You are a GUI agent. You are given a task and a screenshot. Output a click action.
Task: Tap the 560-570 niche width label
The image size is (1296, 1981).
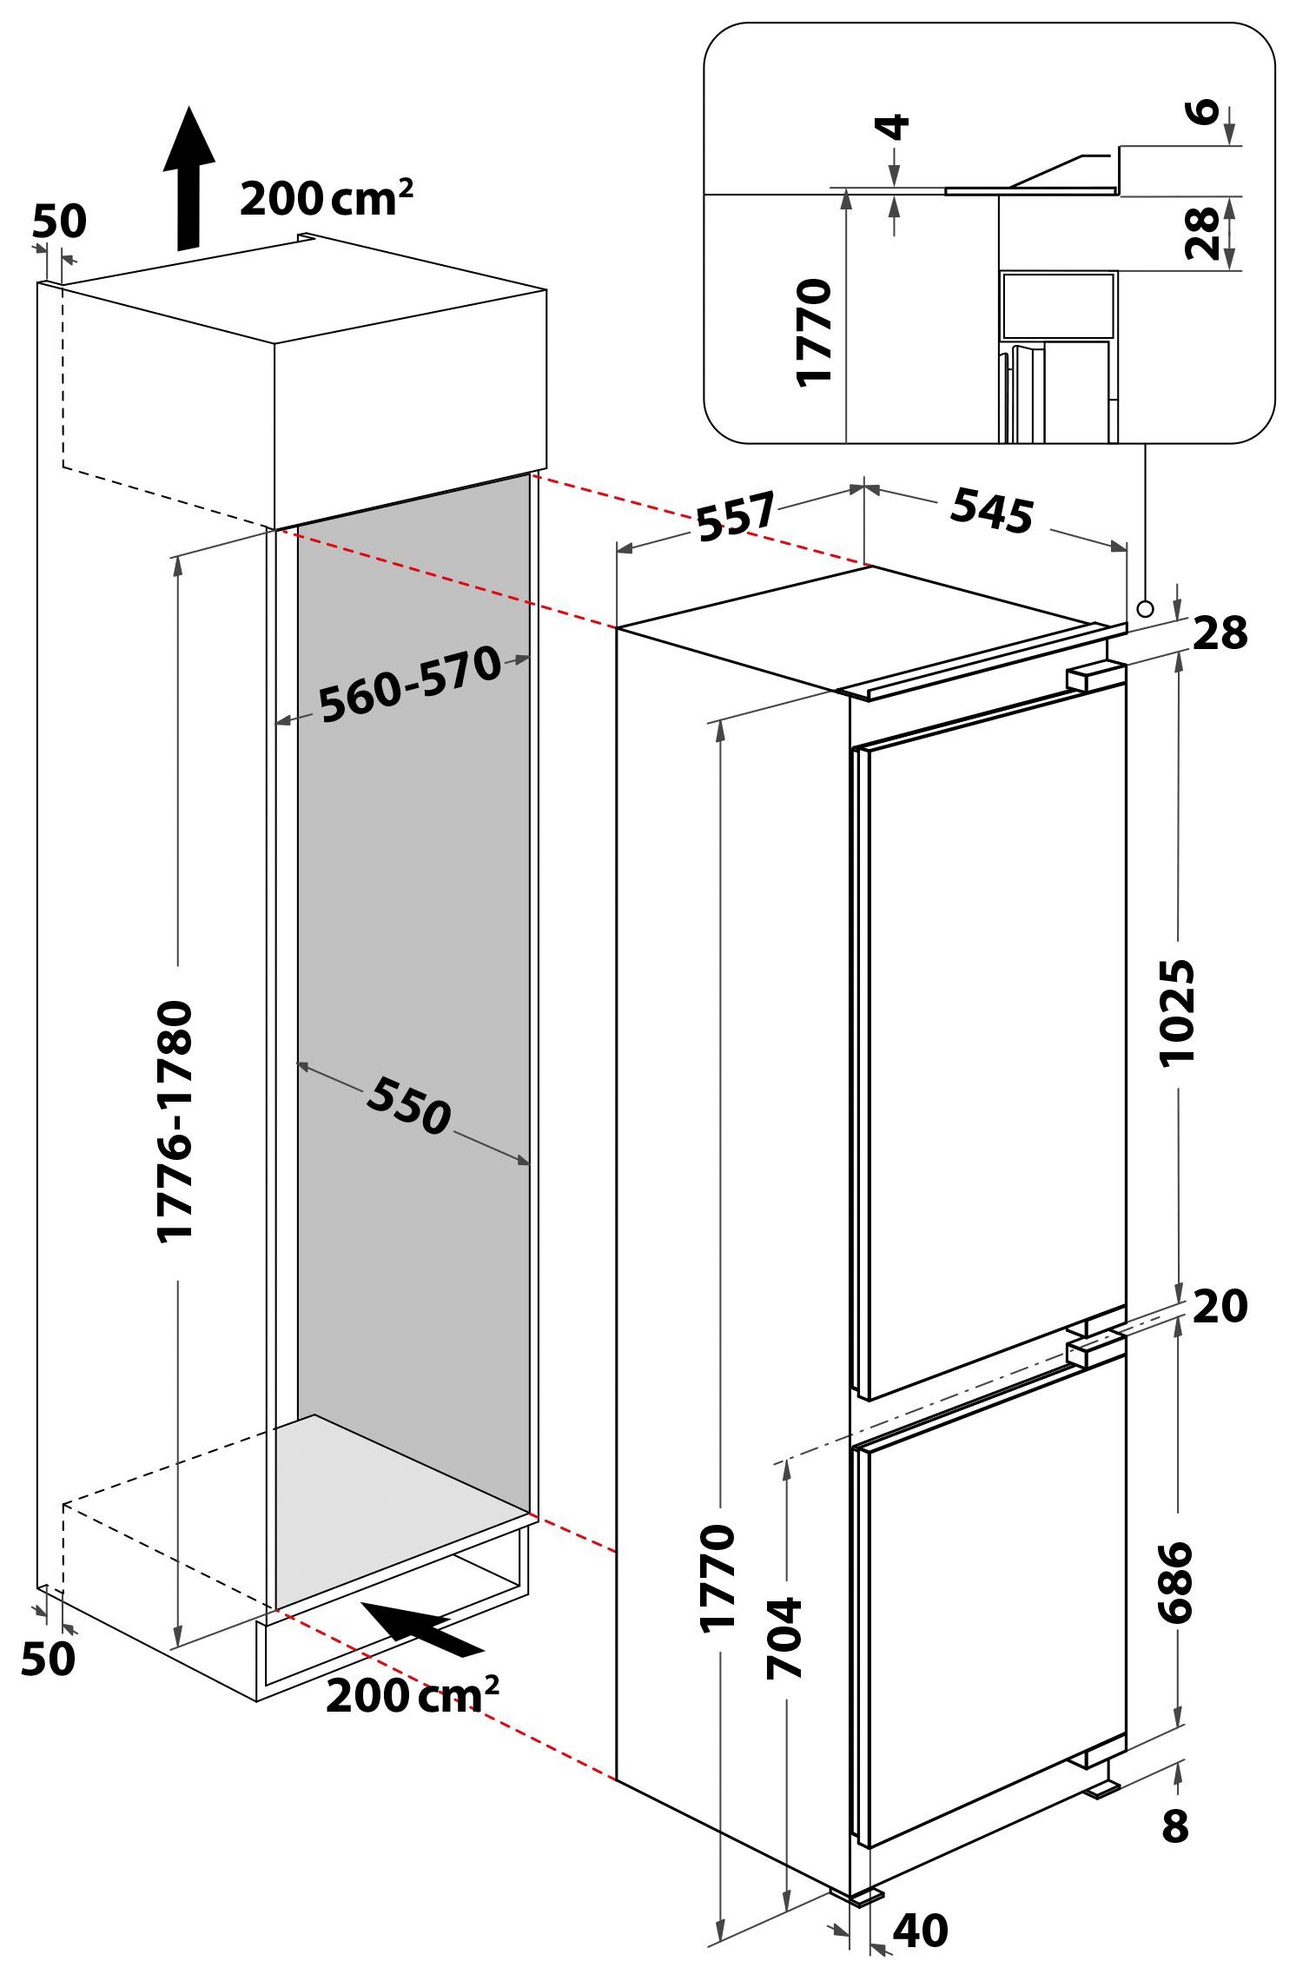(x=410, y=685)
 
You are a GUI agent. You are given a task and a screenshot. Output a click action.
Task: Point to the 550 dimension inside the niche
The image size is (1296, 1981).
(x=408, y=1103)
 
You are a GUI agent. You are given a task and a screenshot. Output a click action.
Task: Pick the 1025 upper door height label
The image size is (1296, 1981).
(x=1178, y=1011)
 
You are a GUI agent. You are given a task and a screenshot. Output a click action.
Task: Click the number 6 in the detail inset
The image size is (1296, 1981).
(x=1204, y=112)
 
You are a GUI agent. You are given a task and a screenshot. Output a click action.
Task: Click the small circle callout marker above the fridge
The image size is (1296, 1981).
(x=1145, y=607)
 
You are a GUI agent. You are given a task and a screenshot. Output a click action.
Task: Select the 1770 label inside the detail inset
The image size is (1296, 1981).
(x=817, y=331)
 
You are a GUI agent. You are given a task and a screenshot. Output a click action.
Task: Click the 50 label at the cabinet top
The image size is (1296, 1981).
(x=60, y=222)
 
